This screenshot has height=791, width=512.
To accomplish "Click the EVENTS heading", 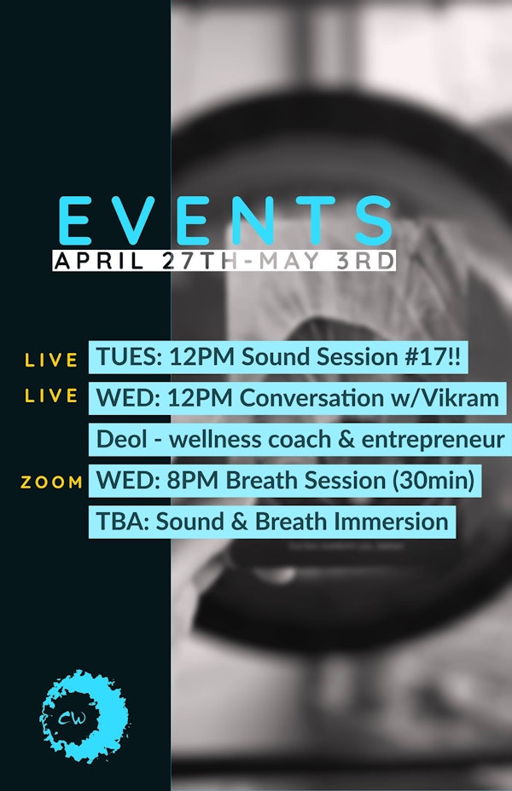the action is click(225, 221).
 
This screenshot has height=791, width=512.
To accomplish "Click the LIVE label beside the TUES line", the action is click(51, 360).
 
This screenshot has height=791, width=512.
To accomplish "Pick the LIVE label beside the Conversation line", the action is click(51, 395).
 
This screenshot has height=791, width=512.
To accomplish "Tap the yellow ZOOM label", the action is click(51, 482).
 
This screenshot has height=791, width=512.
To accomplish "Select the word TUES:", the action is click(129, 357).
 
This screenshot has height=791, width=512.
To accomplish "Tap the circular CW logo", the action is click(84, 716).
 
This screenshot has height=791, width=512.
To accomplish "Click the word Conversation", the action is click(311, 398).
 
